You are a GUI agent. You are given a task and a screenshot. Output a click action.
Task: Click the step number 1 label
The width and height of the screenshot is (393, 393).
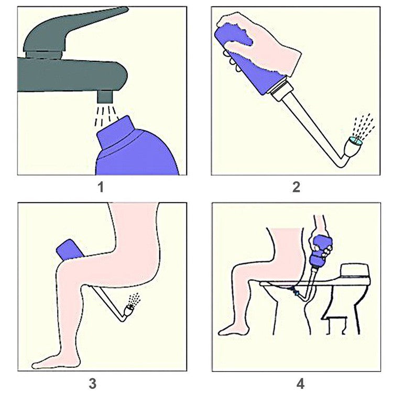101,187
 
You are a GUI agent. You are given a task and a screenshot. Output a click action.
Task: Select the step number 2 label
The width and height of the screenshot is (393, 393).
297,187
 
